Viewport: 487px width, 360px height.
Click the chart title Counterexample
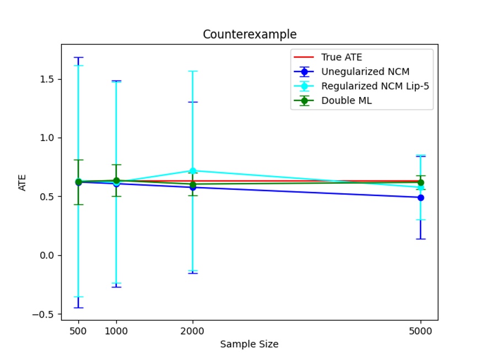point(250,34)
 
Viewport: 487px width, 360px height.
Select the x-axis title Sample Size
point(249,345)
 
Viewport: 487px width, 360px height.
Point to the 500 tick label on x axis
point(78,331)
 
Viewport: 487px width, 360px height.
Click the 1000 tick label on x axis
point(116,331)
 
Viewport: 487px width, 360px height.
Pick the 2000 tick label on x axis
point(192,331)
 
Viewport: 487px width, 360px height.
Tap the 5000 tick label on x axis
point(420,331)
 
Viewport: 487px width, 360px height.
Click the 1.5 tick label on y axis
point(47,79)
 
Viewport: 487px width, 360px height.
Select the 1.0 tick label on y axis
point(47,138)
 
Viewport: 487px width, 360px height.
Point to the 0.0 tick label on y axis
point(47,255)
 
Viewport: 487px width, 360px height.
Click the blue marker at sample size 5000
point(420,198)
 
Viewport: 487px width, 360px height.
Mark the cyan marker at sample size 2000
point(192,171)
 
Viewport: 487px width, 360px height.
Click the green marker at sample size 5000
point(420,183)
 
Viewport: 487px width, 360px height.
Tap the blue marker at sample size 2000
point(192,188)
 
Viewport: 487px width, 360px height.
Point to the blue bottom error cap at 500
point(78,308)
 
